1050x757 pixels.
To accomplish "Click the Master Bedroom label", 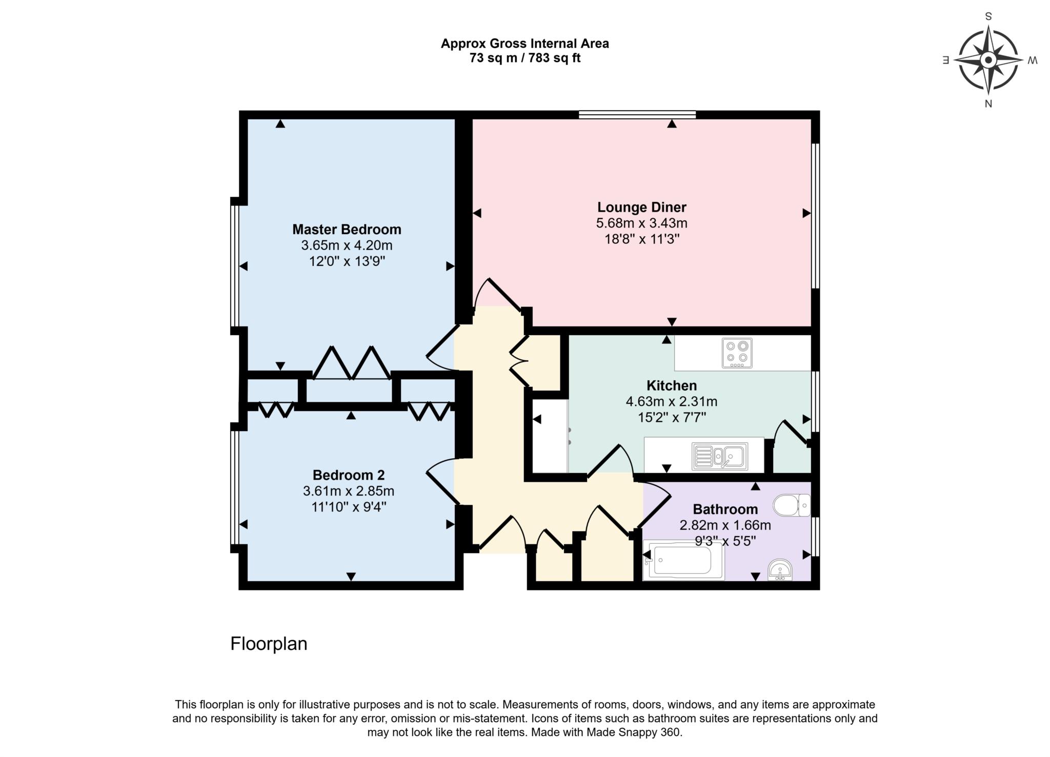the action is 347,229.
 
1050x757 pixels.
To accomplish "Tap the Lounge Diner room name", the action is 641,207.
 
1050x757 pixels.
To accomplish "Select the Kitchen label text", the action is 672,385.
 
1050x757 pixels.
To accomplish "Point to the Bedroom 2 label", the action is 349,475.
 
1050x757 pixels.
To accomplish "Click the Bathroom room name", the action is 725,509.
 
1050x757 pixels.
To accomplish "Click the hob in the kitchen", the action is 737,353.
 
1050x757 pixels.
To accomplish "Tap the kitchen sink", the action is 720,456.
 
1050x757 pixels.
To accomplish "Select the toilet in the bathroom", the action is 792,505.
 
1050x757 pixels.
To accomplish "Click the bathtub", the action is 683,561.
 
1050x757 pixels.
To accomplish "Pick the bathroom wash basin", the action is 780,570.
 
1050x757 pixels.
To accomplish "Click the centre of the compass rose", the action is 988,60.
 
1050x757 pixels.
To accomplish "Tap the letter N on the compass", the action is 988,104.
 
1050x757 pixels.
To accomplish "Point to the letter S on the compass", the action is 988,16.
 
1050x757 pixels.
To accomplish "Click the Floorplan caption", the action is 269,644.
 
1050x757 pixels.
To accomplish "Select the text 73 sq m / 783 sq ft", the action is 525,58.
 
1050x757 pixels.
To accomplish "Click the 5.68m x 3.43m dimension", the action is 641,223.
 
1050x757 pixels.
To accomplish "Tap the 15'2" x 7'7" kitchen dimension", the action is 672,417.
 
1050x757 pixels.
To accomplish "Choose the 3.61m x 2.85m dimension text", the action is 349,491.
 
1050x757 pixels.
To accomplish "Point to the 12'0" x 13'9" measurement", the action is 347,261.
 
